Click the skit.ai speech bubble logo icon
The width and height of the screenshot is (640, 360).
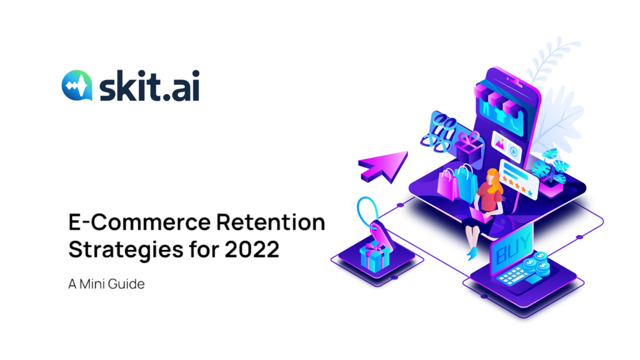pos(77,85)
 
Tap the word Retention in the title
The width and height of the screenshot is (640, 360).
pos(271,222)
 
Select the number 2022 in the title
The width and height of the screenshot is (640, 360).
pos(251,249)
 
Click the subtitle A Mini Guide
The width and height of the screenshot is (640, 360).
pos(106,284)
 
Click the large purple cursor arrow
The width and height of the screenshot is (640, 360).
pos(383,166)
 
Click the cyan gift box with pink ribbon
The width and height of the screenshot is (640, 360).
pos(375,256)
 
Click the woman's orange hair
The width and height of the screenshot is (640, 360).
pos(495,180)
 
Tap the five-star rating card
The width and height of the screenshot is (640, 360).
pos(519,179)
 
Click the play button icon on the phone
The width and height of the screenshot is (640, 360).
pos(513,151)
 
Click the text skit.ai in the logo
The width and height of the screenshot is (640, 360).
pos(149,85)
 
